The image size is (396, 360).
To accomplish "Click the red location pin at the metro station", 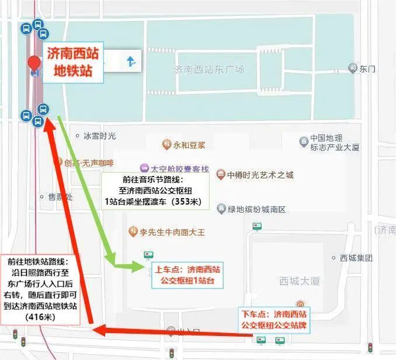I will coord(34,64).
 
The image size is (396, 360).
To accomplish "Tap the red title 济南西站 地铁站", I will coord(72,63).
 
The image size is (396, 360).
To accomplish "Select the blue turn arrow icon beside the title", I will coord(131,61).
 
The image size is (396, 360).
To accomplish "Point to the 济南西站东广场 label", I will coord(209,70).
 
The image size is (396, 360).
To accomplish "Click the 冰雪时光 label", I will coord(99,136).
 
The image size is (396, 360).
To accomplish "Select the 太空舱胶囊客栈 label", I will coord(174,169).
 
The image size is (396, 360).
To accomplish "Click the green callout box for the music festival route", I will coord(153,191).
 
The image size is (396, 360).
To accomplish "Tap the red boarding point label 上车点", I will coord(187,275).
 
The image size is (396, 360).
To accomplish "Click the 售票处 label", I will coord(61,197).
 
